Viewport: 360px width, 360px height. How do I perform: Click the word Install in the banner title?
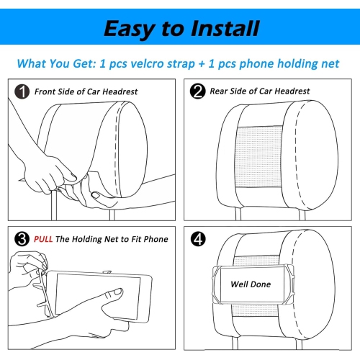[x=225, y=29]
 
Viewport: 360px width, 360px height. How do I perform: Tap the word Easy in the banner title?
[x=130, y=30]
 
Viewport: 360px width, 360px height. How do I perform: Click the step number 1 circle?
[x=22, y=91]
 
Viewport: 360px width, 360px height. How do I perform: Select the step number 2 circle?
[x=197, y=91]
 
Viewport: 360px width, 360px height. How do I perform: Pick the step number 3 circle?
[x=22, y=239]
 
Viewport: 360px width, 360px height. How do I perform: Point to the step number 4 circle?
[x=198, y=239]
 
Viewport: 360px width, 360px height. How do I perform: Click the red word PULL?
[x=43, y=239]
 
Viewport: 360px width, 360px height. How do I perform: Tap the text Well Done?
[x=251, y=284]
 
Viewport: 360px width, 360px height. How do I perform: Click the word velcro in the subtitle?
[x=148, y=64]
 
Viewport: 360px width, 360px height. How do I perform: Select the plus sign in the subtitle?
[x=202, y=64]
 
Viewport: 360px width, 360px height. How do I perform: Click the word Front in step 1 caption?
[x=43, y=91]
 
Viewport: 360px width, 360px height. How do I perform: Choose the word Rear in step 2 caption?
[x=218, y=91]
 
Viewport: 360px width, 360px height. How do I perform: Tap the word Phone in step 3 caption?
[x=156, y=239]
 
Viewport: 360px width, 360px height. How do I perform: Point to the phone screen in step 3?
[x=98, y=297]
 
